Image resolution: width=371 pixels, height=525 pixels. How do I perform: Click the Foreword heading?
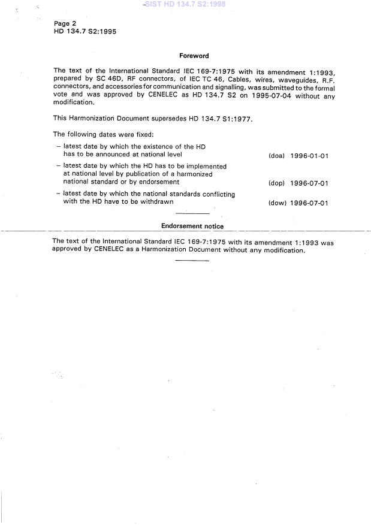tap(194, 56)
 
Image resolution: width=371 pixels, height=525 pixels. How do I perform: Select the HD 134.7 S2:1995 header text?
tap(85, 31)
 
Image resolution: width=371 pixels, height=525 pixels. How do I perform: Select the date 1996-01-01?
tap(309, 156)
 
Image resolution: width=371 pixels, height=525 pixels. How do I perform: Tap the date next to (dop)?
tap(309, 183)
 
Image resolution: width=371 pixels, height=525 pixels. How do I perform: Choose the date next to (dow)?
tap(309, 203)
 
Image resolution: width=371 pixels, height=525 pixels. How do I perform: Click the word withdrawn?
tap(153, 202)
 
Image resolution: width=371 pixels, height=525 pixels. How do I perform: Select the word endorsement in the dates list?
tap(158, 182)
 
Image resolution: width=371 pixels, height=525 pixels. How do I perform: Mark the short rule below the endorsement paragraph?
tap(192, 261)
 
